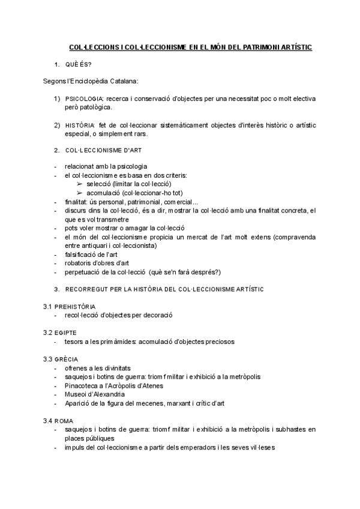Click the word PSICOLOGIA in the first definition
coord(85,97)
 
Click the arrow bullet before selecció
coord(80,184)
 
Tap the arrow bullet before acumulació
coord(80,193)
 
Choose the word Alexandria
coord(108,394)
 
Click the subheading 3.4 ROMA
coord(58,421)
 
